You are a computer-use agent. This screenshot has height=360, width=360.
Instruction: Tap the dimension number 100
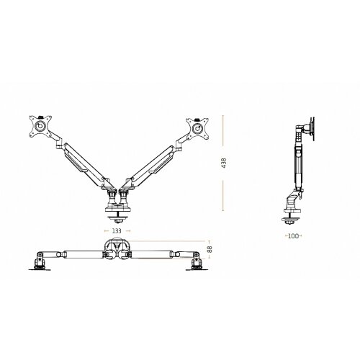[292, 235]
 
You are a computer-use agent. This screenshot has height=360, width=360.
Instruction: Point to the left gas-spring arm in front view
[83, 161]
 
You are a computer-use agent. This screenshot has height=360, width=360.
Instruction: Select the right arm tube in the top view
[156, 253]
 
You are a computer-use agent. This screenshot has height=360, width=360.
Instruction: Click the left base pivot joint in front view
[112, 192]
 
